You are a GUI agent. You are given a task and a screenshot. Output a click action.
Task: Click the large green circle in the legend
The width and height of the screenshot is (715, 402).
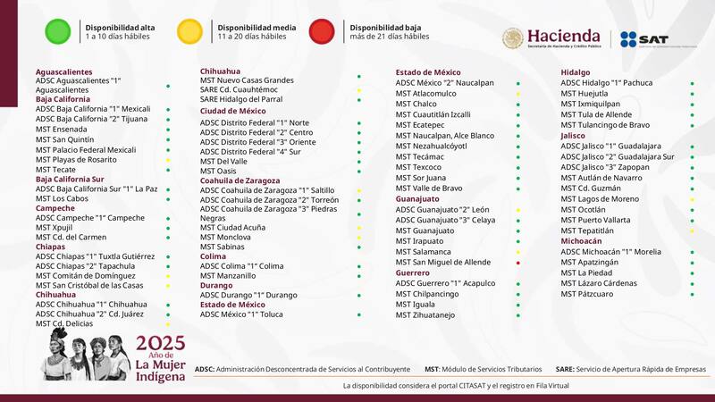point(58,31)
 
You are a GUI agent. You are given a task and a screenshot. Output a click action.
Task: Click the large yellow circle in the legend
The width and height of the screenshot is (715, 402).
point(189,31)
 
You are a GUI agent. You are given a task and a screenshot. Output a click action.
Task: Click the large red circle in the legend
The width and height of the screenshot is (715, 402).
point(322,31)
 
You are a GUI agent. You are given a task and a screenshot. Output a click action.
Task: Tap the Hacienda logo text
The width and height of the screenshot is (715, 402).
point(563,35)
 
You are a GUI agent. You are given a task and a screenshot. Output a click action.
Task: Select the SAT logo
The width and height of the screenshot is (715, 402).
point(644,39)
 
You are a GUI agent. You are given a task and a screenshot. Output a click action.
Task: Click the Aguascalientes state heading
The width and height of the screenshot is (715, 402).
point(63,71)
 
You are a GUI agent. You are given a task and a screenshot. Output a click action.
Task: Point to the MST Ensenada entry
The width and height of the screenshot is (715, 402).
point(62,129)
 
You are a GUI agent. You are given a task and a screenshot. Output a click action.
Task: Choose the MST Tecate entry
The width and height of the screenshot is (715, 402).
point(56,169)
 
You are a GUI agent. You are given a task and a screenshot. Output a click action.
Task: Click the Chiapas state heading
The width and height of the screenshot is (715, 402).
point(51,246)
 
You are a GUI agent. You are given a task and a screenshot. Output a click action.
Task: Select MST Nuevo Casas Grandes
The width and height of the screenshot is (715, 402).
point(247,80)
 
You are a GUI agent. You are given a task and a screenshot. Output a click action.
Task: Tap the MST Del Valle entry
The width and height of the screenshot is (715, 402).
point(223,161)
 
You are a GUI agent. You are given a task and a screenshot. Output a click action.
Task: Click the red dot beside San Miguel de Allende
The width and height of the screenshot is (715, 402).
point(517,263)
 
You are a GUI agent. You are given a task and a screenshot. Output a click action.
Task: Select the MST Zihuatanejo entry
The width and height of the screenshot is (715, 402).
point(425,314)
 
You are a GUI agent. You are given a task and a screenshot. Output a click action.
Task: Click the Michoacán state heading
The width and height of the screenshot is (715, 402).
point(581,241)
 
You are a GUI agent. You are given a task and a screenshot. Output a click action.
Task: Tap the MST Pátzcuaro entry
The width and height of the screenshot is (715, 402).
point(587,293)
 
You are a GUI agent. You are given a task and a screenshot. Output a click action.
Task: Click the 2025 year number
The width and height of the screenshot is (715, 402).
point(160,342)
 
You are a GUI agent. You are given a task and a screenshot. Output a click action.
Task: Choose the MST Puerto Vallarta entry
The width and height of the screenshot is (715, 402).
point(597,220)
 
